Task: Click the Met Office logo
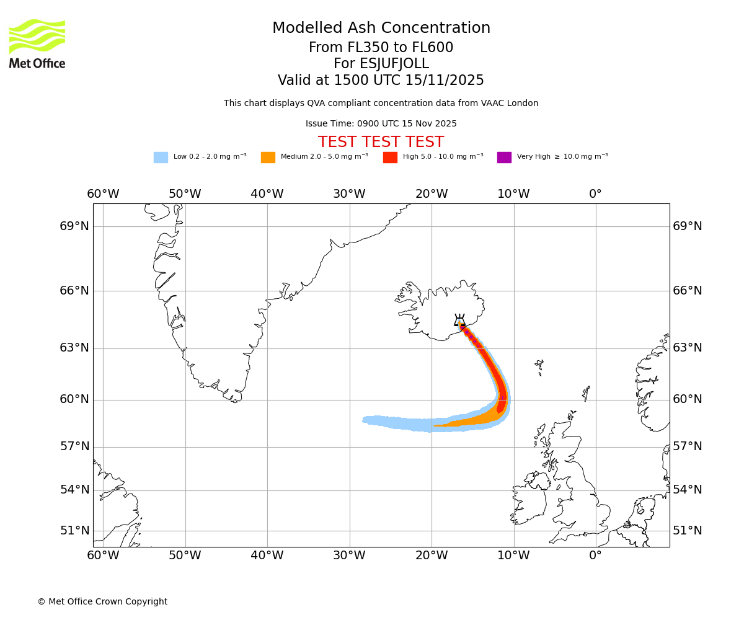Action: tap(37, 43)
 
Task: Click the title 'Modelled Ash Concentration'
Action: tap(381, 29)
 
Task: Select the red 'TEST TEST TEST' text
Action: tap(381, 143)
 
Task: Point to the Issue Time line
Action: tap(381, 124)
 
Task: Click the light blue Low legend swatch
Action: tap(161, 157)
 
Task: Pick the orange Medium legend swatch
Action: tap(268, 157)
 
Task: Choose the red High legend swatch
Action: tap(390, 157)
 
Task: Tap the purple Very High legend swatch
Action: tap(504, 157)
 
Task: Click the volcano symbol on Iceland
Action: tap(459, 321)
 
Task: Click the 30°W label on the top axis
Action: tap(349, 194)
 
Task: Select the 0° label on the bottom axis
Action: tap(595, 556)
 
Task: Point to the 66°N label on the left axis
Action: tap(74, 291)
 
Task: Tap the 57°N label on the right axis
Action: tap(688, 446)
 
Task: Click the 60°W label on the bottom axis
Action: tap(103, 556)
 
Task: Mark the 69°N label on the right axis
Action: tap(688, 226)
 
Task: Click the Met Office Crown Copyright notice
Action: tap(102, 602)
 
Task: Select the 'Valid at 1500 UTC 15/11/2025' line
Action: tap(381, 81)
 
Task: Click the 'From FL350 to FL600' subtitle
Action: tap(381, 48)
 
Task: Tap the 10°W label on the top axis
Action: tap(513, 194)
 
